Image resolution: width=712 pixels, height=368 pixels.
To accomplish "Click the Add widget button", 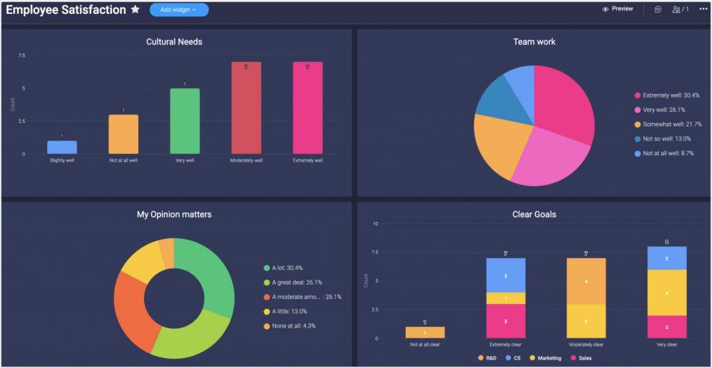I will point(179,10).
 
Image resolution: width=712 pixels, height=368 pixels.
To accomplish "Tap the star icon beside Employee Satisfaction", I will point(135,10).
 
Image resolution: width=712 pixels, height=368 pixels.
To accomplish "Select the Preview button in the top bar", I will point(617,9).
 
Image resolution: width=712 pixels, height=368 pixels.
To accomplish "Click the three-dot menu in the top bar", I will point(703,9).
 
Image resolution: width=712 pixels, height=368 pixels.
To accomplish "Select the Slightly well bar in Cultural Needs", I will point(62,147).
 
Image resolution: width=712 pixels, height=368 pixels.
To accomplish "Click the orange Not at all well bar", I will point(123,134).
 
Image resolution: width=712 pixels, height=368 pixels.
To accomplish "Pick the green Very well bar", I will point(185,121).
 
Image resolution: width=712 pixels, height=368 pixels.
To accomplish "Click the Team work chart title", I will point(534,42).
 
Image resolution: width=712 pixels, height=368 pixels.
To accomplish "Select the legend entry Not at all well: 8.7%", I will point(667,153).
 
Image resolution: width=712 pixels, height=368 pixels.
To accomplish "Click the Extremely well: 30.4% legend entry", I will point(670,95).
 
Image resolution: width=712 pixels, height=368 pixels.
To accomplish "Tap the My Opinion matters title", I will point(174,214).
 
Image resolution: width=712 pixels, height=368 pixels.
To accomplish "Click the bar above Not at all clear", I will point(425,333).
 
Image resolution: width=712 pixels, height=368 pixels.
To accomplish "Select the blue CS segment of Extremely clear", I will point(505,275).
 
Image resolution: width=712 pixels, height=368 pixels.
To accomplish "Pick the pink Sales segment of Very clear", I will point(667,327).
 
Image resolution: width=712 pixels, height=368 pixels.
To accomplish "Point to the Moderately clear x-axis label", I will point(586,344).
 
